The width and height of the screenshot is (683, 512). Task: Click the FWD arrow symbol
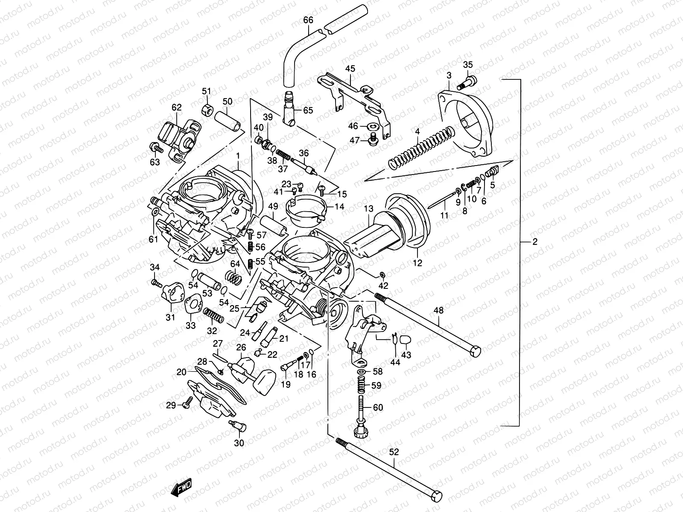coord(181,488)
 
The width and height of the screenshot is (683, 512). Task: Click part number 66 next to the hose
coord(308,20)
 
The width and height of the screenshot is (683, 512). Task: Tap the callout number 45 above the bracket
coord(350,69)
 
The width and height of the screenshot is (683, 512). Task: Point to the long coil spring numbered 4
coord(420,145)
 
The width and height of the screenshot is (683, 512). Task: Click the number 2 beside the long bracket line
coord(535,242)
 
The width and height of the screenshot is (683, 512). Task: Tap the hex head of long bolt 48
coord(475,351)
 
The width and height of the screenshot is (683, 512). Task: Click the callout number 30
coord(239,443)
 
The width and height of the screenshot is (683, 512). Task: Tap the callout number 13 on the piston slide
coord(369,209)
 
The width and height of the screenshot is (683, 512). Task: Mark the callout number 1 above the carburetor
coord(238,156)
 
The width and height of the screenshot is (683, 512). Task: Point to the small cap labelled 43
coord(406,340)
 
